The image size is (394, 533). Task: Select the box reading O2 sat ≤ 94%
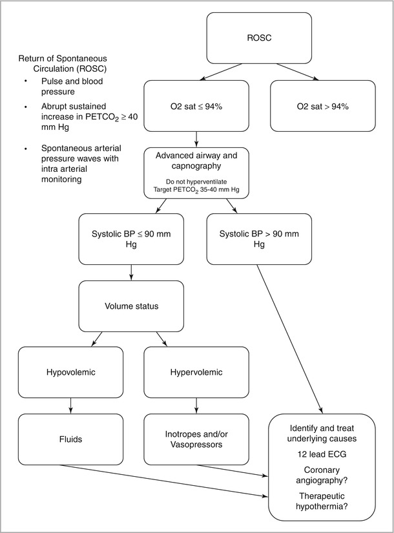[x=194, y=106]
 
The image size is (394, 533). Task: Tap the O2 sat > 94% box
[x=322, y=106]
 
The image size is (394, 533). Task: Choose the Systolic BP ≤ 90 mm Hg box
[x=131, y=239]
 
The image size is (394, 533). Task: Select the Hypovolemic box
[x=70, y=372]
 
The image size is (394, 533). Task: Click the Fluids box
[x=70, y=439]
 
